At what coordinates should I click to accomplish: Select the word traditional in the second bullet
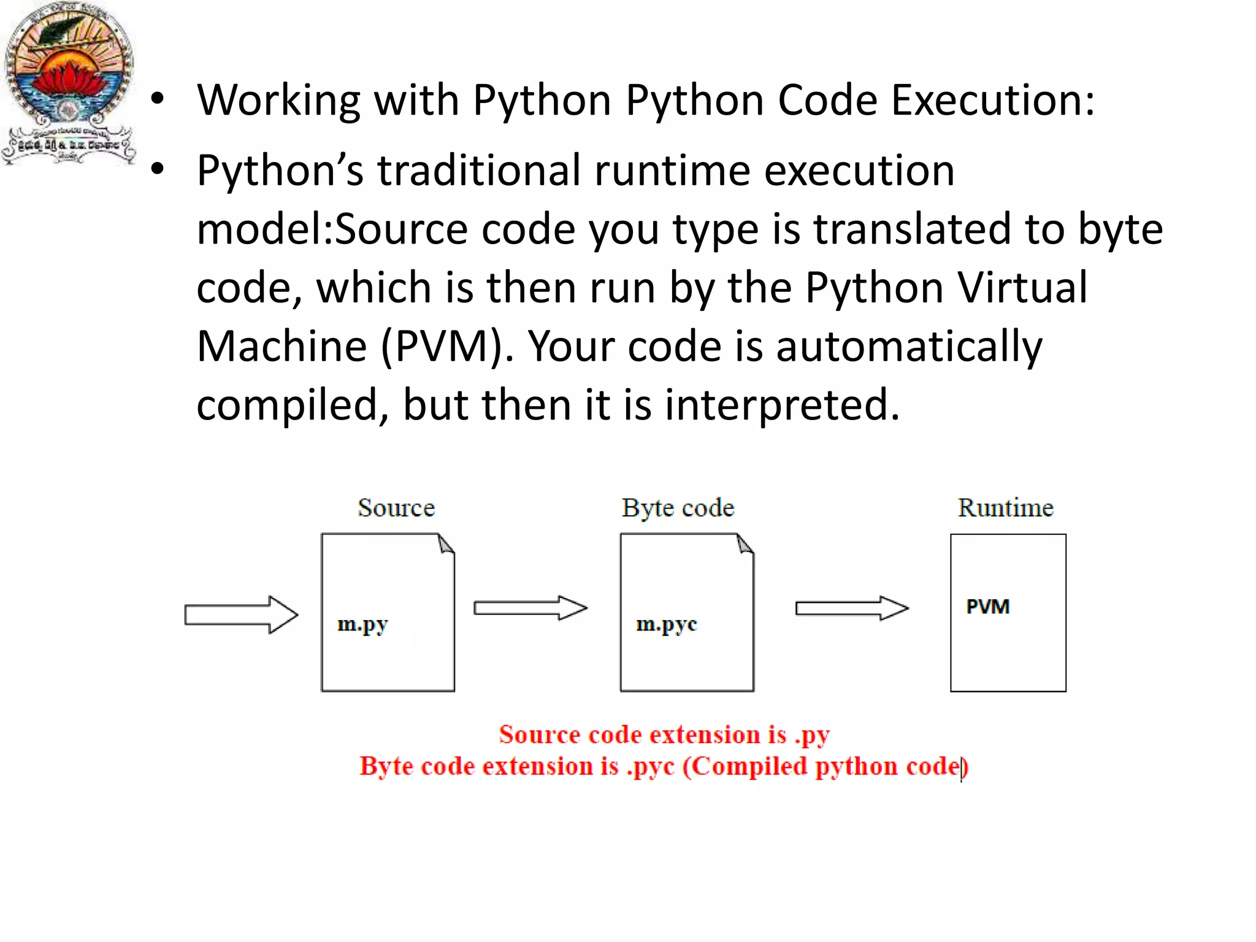[478, 170]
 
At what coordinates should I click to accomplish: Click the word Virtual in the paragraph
[1022, 288]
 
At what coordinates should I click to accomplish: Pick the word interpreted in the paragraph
[782, 405]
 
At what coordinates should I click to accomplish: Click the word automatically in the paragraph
[909, 347]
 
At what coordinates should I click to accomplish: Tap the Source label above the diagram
[396, 508]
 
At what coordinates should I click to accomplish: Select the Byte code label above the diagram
[678, 508]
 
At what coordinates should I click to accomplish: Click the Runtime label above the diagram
[1006, 508]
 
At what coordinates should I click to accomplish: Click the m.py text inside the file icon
[362, 624]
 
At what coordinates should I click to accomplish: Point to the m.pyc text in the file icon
[667, 624]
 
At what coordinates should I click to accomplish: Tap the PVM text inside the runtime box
[987, 607]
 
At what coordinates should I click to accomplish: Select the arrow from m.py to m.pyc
[530, 608]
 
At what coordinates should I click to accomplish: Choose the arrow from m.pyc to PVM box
[851, 608]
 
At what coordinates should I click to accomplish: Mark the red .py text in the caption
[813, 735]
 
